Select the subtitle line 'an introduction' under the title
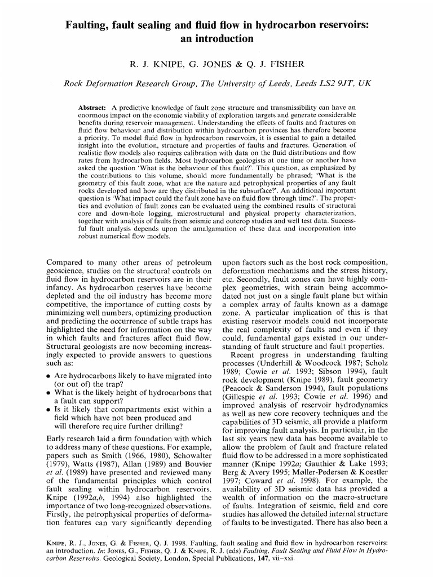click(x=216, y=39)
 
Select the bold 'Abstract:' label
click(x=94, y=108)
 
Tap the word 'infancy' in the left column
click(x=61, y=290)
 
